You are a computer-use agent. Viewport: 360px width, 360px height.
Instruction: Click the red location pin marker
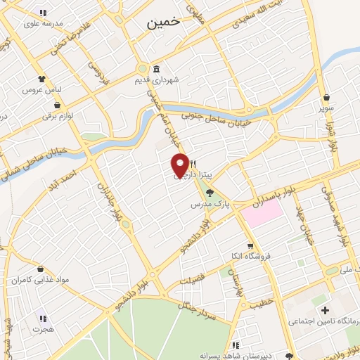pyautogui.click(x=181, y=165)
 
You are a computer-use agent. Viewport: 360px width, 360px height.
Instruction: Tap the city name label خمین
pyautogui.click(x=164, y=22)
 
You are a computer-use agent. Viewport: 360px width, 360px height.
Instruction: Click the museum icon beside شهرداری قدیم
pyautogui.click(x=155, y=68)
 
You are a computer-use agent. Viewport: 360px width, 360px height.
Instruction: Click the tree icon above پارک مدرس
pyautogui.click(x=210, y=193)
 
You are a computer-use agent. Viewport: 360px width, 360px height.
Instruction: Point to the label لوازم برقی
pyautogui.click(x=58, y=115)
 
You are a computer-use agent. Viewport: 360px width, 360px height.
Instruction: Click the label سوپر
pyautogui.click(x=327, y=109)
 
